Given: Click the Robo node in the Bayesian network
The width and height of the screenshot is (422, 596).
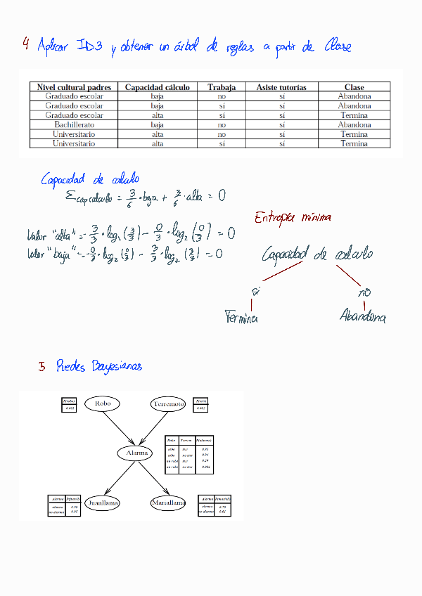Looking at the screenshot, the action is click(102, 403).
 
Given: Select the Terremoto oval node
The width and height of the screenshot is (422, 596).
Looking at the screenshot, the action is click(168, 404).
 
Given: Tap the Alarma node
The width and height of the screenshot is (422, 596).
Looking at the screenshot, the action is click(136, 453).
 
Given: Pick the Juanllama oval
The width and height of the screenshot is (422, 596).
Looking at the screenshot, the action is click(102, 503).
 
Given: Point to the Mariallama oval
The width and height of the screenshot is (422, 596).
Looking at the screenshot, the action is click(168, 503).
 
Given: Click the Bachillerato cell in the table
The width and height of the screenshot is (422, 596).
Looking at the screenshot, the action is click(75, 124).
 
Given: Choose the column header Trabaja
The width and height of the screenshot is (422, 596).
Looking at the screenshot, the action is click(222, 87).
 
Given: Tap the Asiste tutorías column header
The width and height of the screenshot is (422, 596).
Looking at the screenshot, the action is click(281, 87).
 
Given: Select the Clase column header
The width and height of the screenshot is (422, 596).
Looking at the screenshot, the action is click(354, 87).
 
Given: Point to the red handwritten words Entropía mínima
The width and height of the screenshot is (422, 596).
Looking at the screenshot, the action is click(293, 217).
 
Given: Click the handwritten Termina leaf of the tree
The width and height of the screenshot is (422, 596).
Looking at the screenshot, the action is click(241, 317).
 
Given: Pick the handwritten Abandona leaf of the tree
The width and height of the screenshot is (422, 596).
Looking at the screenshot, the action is click(362, 317).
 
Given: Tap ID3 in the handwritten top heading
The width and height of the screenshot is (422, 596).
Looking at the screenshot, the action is click(90, 46).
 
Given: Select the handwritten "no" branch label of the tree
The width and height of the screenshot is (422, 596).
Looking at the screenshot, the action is click(364, 292).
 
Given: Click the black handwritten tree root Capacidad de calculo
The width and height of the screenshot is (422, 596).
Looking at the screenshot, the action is click(317, 254).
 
